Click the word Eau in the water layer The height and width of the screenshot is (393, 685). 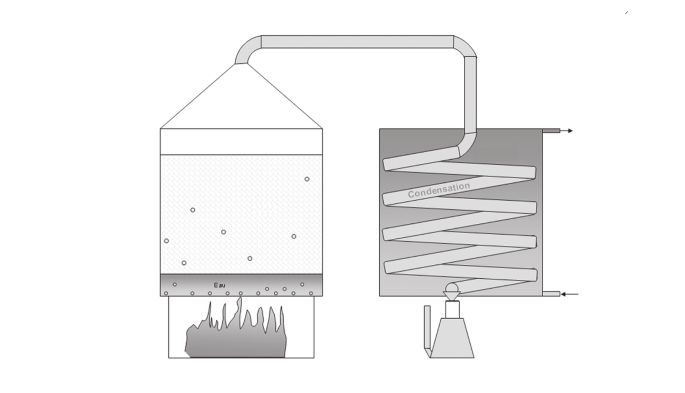219,285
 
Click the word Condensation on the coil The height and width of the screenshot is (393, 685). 439,190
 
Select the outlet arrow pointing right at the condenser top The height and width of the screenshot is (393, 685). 567,131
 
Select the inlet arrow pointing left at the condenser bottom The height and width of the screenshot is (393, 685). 569,294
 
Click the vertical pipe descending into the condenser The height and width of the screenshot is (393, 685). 471,95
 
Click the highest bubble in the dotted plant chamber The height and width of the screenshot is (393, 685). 307,179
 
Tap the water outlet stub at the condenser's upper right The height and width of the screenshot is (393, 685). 551,131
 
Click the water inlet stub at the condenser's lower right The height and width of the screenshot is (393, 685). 551,294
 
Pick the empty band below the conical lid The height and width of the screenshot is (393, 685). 241,142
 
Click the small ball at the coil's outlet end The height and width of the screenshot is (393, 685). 452,287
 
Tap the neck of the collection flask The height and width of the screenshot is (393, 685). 452,309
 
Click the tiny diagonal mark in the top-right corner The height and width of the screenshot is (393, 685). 627,13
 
